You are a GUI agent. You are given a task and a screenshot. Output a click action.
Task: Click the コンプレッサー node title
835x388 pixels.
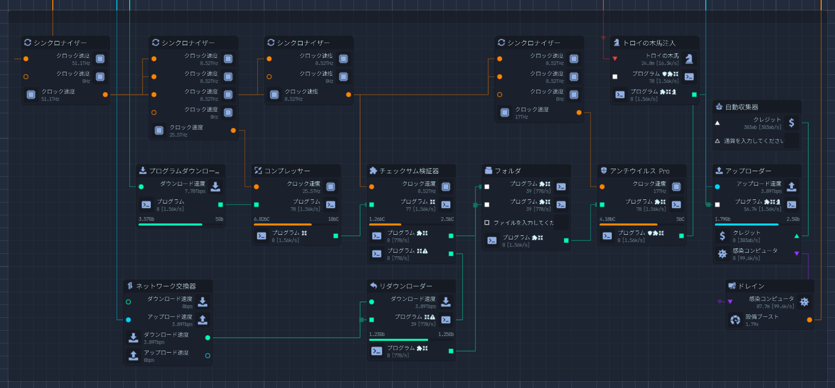pos(287,171)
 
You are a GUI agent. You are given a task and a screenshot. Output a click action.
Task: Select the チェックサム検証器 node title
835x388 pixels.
pos(409,171)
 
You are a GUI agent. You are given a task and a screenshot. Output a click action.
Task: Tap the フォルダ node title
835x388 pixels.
pos(507,171)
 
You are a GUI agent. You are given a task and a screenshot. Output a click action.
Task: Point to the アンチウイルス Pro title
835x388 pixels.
pos(639,171)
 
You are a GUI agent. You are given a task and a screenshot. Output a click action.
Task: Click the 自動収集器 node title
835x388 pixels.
pos(741,107)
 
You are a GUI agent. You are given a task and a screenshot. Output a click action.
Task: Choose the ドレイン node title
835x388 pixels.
pos(751,286)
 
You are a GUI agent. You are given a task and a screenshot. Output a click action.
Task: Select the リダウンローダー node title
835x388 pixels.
pos(405,286)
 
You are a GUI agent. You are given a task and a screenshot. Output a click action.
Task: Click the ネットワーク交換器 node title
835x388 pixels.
pos(166,286)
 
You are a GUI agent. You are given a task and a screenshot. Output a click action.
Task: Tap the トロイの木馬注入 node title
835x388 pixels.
pos(649,43)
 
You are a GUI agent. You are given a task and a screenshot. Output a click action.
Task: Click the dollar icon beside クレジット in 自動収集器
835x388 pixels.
pos(791,122)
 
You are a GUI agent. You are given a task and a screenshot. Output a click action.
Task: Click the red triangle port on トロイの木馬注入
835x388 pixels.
pos(615,59)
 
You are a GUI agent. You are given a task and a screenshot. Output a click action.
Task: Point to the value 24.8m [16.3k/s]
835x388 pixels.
pos(660,64)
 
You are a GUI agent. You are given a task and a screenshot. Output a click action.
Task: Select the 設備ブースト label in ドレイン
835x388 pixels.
pos(762,317)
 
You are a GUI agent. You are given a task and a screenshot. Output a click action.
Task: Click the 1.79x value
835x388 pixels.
pos(752,324)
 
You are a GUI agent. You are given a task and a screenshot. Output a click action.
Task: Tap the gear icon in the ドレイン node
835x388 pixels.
pos(804,302)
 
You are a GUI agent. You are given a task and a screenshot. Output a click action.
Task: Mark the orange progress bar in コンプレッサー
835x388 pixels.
pos(283,224)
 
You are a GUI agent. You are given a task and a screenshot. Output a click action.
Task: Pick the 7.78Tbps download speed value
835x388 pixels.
pos(195,192)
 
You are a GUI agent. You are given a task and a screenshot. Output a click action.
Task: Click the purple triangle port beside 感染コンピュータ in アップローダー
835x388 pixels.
pos(797,254)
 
